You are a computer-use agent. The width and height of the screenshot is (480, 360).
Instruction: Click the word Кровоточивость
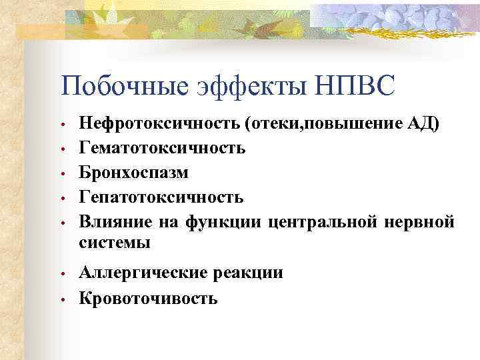[x=148, y=297]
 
